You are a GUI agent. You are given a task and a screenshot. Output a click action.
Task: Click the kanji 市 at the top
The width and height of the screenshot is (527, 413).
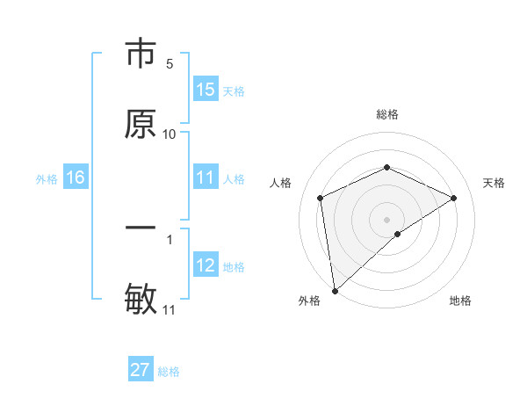tap(141, 54)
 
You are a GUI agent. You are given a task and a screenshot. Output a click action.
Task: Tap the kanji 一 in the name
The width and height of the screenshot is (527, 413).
tap(141, 228)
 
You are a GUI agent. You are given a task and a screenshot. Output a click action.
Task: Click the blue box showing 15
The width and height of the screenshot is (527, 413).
tap(206, 90)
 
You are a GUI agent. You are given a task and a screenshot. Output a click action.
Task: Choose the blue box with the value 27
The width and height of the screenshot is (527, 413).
tap(141, 370)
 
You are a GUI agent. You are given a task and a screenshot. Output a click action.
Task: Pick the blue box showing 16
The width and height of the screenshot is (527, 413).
tap(76, 178)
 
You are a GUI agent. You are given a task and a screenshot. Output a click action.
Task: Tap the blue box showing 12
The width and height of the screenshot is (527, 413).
tap(206, 266)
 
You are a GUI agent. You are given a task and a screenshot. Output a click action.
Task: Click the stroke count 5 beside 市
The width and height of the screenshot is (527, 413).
tap(170, 64)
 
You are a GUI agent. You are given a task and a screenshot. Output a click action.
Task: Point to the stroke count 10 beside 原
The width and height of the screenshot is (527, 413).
tap(170, 134)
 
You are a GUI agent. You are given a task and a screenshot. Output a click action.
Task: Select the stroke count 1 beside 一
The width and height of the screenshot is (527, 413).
tap(170, 238)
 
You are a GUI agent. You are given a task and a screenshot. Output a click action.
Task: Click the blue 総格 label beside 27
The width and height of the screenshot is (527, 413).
tap(169, 372)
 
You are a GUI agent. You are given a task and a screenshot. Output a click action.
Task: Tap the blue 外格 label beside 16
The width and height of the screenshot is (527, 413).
tap(47, 179)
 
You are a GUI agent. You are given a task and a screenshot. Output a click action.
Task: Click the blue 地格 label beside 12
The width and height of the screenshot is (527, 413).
tap(234, 267)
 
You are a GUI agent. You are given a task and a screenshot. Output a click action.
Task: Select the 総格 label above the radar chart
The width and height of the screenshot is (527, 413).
tap(387, 114)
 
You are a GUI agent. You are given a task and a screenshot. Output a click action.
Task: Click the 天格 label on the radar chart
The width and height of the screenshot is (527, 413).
tap(494, 183)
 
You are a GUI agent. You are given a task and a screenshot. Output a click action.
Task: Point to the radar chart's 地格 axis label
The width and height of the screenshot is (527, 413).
tap(460, 301)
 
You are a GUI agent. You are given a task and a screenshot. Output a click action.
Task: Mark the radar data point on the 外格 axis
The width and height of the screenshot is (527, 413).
tap(335, 291)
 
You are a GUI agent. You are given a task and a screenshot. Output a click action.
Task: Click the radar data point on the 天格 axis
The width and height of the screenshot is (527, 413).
tap(454, 198)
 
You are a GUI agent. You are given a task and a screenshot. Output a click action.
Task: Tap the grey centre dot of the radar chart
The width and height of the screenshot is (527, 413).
tap(387, 219)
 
